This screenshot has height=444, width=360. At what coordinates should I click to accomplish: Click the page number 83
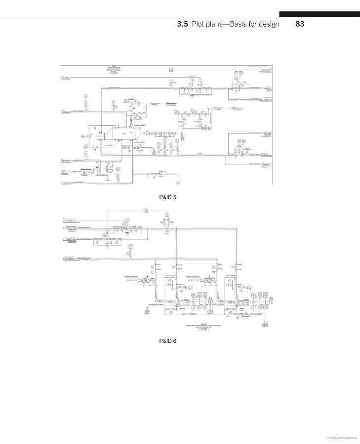pyautogui.click(x=299, y=24)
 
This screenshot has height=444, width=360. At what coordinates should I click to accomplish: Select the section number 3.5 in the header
pyautogui.click(x=183, y=24)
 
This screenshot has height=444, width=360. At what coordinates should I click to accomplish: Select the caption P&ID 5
pyautogui.click(x=168, y=197)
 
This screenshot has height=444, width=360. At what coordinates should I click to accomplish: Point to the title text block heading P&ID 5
pyautogui.click(x=113, y=69)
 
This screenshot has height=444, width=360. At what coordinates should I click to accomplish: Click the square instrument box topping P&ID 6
pyautogui.click(x=146, y=211)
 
